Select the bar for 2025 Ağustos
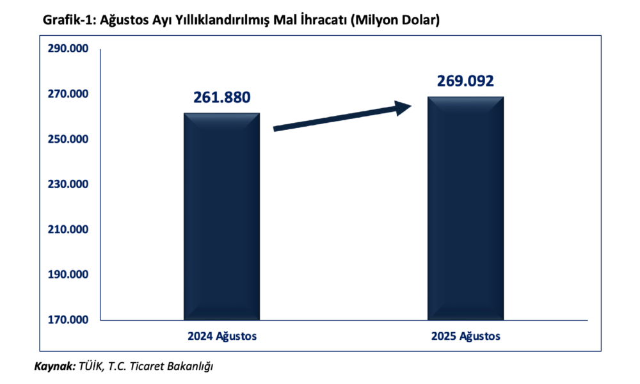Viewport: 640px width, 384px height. click(465, 208)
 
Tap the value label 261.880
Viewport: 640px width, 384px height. click(221, 98)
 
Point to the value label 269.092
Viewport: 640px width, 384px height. click(465, 81)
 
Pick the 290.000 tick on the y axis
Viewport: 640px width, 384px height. click(67, 49)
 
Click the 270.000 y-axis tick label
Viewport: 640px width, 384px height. click(67, 95)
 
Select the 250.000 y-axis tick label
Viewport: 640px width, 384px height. click(67, 140)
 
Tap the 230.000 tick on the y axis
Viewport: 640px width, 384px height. click(67, 185)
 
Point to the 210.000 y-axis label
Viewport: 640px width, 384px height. click(67, 230)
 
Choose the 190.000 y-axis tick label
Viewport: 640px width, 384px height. click(67, 275)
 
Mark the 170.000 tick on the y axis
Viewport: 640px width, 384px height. click(67, 320)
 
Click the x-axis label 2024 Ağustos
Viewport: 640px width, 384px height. click(221, 336)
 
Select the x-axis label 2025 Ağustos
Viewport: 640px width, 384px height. click(465, 336)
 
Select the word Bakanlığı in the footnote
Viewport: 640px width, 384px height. click(189, 367)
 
